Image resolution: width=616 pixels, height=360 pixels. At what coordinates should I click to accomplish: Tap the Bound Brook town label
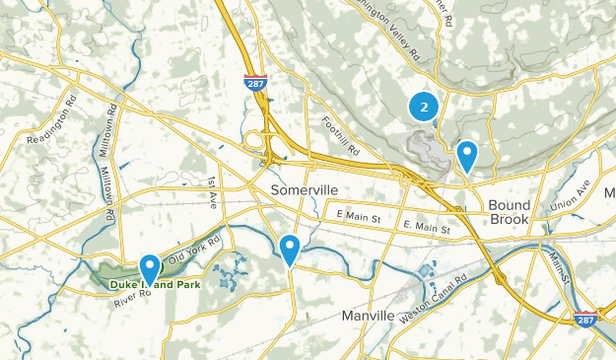[508, 213]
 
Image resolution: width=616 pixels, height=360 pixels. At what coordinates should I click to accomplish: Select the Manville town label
[368, 316]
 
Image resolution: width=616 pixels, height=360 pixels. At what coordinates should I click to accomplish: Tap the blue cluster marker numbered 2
[423, 106]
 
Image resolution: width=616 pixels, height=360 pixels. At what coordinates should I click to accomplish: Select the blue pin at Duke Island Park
[150, 268]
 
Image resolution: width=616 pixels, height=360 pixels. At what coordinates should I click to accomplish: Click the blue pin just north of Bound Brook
[466, 155]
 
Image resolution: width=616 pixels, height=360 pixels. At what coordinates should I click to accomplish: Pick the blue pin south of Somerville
[290, 249]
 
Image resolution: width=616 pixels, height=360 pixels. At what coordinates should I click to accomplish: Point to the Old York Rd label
[193, 252]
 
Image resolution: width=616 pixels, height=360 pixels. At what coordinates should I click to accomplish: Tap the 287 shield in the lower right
[585, 319]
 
